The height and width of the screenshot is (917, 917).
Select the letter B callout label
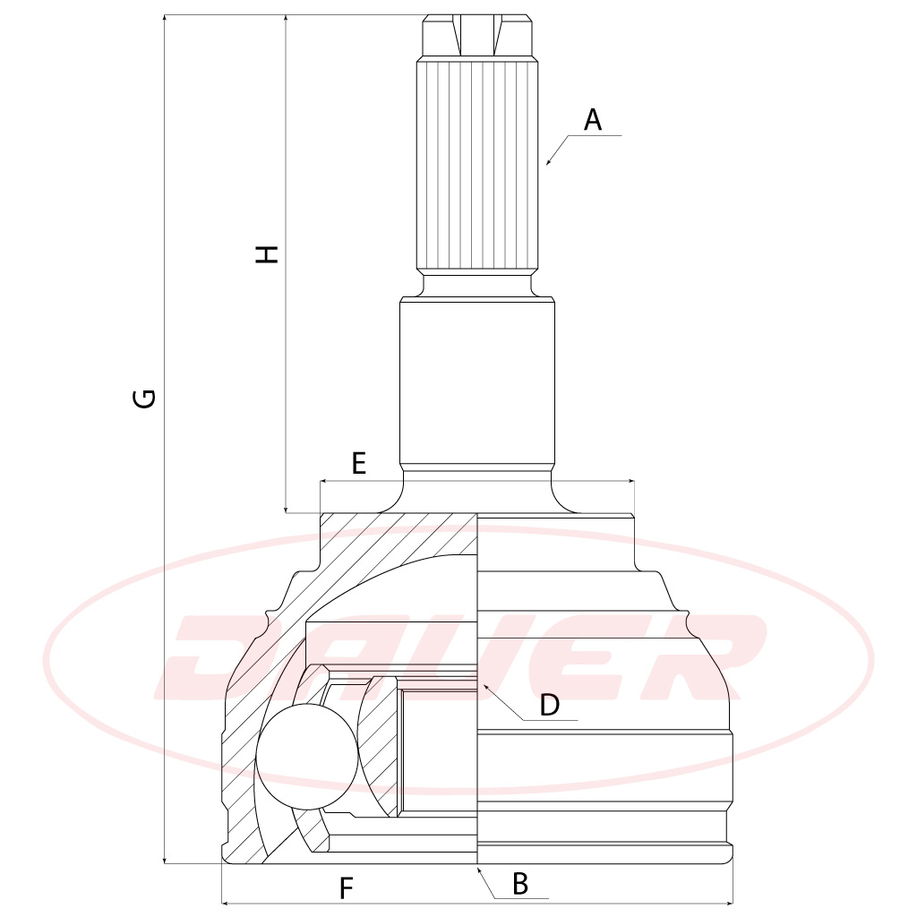[520, 884]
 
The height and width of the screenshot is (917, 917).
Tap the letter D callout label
[549, 705]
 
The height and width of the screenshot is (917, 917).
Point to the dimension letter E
[358, 463]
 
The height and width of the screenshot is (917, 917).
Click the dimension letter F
[347, 888]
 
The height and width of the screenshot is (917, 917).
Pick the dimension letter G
[144, 399]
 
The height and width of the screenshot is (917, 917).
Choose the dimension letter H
[267, 253]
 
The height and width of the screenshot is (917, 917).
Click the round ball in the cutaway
[306, 756]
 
